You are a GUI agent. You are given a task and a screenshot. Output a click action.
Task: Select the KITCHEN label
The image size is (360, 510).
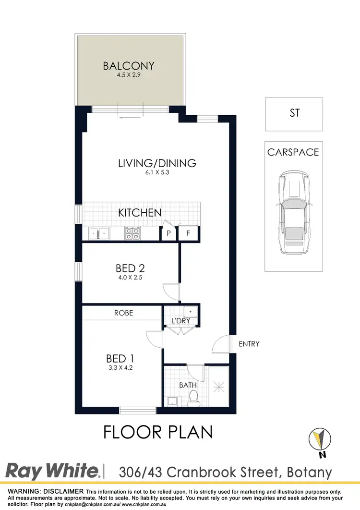(x=140, y=212)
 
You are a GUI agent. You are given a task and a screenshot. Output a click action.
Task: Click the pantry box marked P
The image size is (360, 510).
(x=168, y=234)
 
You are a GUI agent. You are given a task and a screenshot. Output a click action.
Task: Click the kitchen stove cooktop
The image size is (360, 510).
(x=132, y=233)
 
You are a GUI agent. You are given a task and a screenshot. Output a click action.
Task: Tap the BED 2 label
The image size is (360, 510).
(x=130, y=268)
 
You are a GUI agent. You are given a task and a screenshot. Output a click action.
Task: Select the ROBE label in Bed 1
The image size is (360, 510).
(x=123, y=313)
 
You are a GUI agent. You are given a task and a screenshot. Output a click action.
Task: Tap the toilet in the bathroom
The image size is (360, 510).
(x=194, y=398)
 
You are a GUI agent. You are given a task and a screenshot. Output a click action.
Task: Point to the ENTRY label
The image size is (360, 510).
(x=249, y=344)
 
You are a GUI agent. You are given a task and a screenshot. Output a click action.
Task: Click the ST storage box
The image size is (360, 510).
(x=294, y=114)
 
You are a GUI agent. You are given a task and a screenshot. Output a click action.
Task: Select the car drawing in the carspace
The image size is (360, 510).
(x=294, y=213)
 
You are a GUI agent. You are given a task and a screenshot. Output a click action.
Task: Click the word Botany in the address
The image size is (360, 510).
(x=310, y=472)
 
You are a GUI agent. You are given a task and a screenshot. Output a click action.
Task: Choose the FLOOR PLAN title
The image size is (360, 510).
(x=158, y=432)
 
